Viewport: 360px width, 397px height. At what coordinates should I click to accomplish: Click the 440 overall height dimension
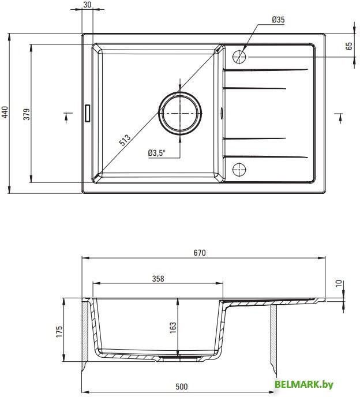click(5, 112)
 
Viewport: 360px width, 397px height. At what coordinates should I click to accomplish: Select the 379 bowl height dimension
click(27, 114)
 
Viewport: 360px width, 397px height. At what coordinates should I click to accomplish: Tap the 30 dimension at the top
click(87, 5)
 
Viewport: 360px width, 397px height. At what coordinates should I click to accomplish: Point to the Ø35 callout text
click(278, 20)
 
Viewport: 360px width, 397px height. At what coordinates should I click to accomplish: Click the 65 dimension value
click(349, 46)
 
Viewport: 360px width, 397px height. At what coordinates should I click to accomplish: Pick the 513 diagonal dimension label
click(125, 140)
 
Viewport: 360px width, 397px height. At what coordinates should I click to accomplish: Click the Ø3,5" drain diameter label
click(157, 153)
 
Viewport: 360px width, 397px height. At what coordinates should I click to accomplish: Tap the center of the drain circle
click(180, 113)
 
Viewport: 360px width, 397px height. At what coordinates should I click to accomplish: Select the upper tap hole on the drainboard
click(239, 57)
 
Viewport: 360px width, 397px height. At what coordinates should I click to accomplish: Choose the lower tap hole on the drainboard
click(239, 169)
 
